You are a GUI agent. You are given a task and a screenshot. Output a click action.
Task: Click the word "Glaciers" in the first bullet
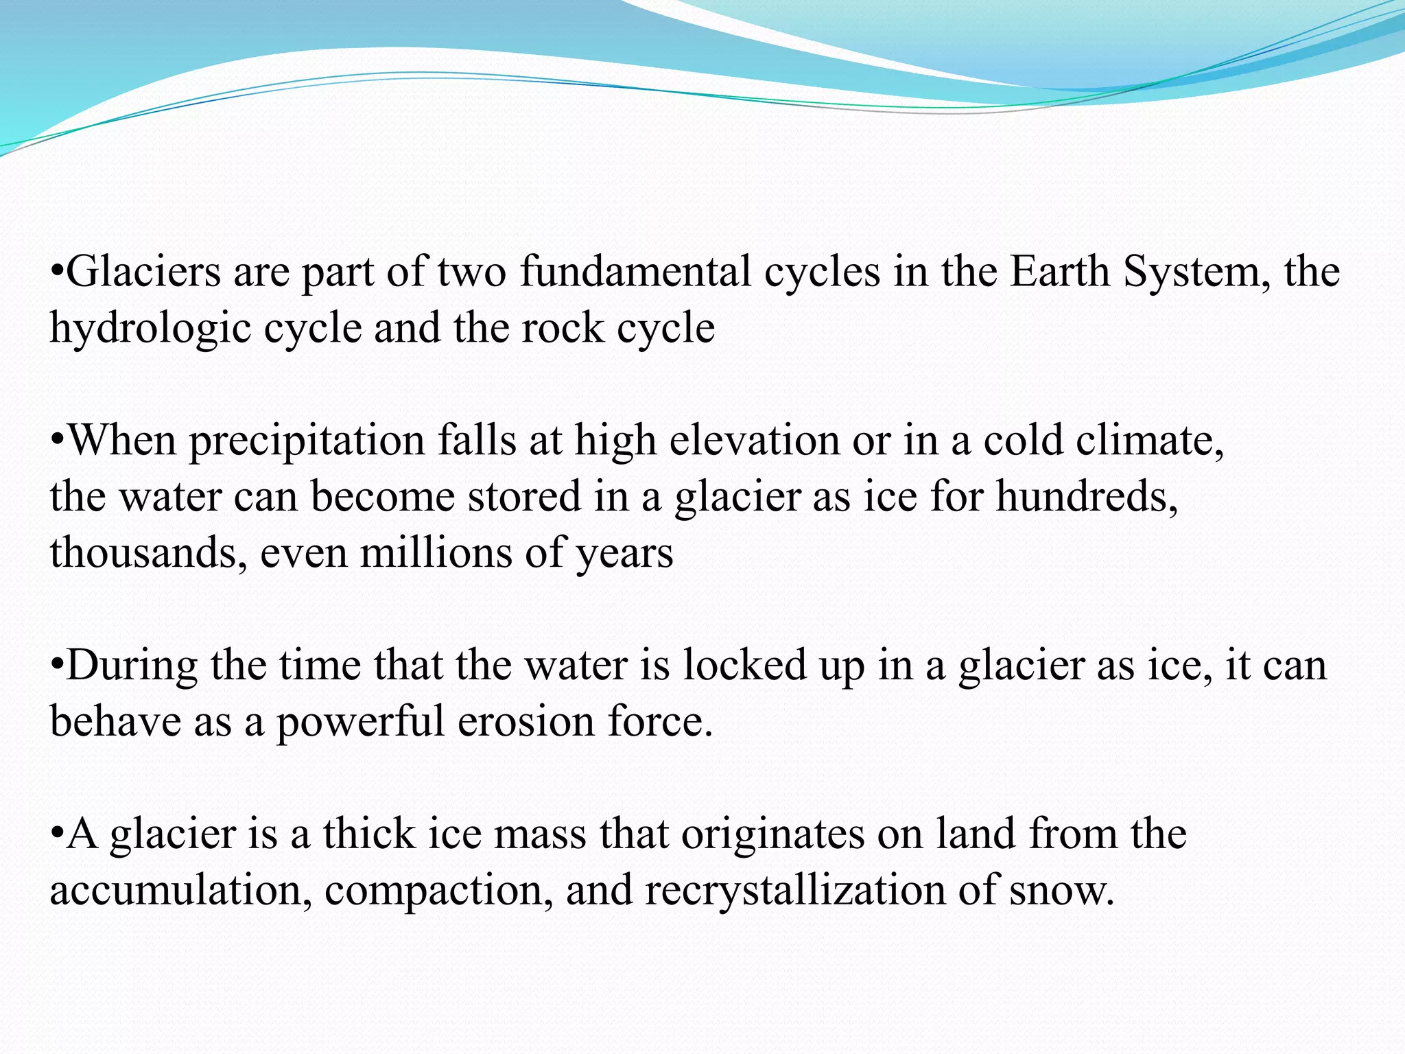(143, 272)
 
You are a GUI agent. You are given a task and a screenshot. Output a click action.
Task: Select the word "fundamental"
(635, 272)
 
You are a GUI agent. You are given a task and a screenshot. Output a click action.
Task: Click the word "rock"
(562, 328)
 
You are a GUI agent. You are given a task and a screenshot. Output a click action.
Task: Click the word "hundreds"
(1087, 497)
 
